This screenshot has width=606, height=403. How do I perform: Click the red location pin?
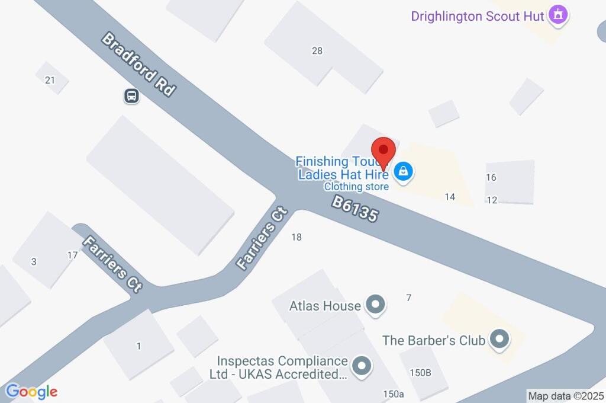383,151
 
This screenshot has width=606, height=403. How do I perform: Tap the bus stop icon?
131,95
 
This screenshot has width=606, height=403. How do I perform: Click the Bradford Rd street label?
139,65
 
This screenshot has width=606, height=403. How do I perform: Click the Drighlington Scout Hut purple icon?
557,15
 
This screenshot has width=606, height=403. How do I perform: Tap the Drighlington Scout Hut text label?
477,16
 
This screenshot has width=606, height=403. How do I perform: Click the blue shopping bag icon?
404,172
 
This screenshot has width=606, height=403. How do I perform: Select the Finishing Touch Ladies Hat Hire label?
343,168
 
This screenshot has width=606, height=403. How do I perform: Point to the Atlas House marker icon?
375,305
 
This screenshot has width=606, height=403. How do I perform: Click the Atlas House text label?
325,306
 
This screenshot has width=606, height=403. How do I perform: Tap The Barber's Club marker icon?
500,340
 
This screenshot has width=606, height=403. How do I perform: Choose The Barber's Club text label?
434,340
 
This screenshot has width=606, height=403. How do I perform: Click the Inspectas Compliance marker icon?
360,366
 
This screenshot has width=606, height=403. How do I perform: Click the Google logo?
31,391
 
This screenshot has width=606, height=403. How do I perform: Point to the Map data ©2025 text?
566,396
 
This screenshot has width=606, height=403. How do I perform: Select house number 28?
317,50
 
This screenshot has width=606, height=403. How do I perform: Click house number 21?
50,79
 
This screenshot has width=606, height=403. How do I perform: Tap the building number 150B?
420,373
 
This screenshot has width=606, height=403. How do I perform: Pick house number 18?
296,237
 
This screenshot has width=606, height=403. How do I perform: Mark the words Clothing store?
356,187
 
